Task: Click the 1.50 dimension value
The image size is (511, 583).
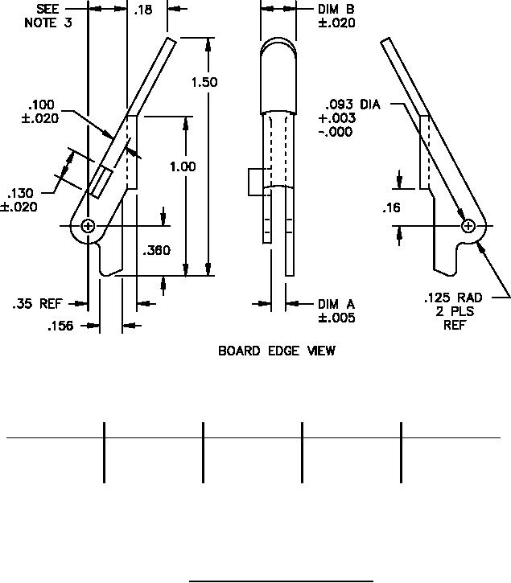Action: coord(204,82)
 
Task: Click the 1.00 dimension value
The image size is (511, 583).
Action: coord(183,166)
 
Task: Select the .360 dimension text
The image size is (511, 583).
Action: coord(157,251)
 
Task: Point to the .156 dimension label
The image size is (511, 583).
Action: coord(60,326)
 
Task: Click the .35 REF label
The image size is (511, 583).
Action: coord(37,304)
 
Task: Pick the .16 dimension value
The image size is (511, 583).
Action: coord(392,208)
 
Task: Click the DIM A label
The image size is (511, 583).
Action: coord(336,304)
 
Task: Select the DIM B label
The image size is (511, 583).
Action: coord(336,9)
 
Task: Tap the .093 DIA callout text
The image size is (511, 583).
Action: coord(352,105)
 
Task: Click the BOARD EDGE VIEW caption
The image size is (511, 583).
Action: coord(277,351)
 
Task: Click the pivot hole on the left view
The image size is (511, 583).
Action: coord(88,226)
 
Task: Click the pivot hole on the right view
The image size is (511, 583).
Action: coord(468,228)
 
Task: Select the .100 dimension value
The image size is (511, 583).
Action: coord(40,105)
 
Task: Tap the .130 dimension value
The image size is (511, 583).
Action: coord(21,193)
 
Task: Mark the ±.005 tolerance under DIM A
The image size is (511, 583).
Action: coord(336,318)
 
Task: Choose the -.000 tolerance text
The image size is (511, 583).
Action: coord(335,132)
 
